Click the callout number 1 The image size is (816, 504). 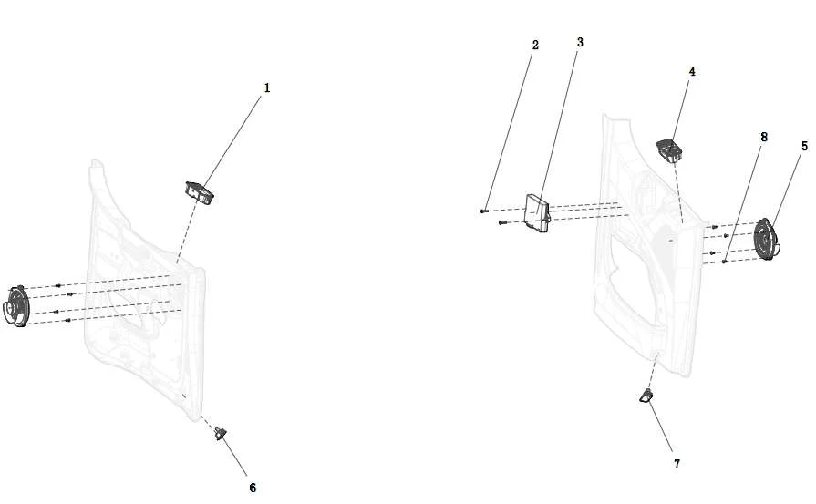(x=267, y=87)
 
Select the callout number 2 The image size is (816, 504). (x=535, y=46)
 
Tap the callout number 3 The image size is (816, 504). (x=580, y=42)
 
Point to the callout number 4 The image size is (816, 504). (x=692, y=72)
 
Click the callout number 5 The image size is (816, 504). (x=804, y=146)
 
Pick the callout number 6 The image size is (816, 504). (x=253, y=488)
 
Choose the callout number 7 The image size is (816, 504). (x=677, y=464)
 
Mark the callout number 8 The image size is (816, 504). (x=763, y=138)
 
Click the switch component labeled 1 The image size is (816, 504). (x=200, y=192)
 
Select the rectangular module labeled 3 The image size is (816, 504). (x=537, y=212)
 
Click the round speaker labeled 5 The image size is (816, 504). (x=767, y=240)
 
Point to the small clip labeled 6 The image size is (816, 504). (x=221, y=432)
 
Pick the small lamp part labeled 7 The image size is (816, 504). (x=646, y=396)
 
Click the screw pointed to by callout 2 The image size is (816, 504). (x=484, y=211)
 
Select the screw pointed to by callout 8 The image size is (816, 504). (x=725, y=262)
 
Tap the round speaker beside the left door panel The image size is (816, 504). (x=16, y=306)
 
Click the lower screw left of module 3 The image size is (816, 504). (x=502, y=223)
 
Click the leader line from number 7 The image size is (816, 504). (x=661, y=427)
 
